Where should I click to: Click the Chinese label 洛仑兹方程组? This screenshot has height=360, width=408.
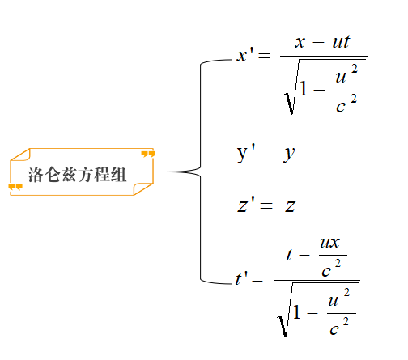77,175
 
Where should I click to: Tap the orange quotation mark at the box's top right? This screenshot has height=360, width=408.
148,155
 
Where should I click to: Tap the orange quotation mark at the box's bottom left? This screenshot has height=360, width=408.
15,187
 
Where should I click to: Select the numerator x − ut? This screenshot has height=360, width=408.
322,42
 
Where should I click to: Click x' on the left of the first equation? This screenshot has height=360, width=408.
245,55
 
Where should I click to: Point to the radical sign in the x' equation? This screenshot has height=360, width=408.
291,87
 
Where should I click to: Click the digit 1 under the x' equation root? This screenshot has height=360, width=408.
304,88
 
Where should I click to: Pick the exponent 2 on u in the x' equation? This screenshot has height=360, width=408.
355,69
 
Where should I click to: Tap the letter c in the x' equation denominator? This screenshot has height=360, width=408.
341,107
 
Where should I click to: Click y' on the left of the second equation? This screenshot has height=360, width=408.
246,154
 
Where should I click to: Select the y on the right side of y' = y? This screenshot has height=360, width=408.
289,155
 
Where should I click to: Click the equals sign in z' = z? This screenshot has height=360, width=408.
266,206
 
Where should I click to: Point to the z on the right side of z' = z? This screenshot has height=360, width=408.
291,206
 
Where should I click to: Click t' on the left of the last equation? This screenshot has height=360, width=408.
241,277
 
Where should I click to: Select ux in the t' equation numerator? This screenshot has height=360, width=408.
329,243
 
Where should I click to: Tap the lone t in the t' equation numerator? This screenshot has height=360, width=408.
289,255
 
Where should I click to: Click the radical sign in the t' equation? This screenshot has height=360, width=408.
284,309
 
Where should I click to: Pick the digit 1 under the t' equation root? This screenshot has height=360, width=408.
297,311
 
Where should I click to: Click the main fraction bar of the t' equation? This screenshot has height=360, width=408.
317,280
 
